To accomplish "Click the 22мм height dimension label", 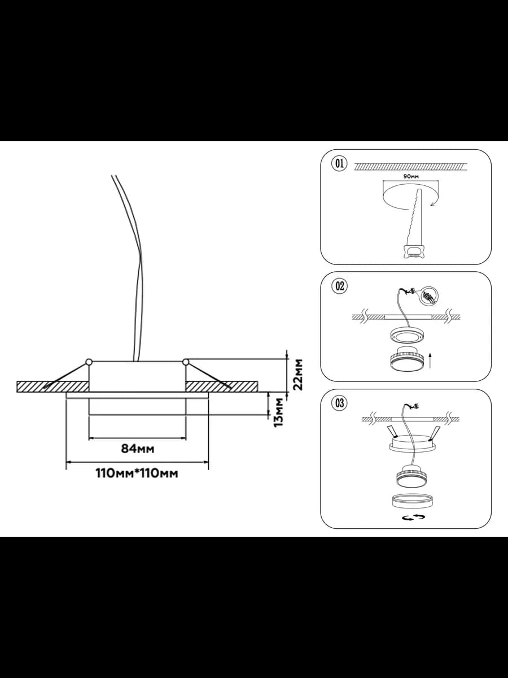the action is (298, 375).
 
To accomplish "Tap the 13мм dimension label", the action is (279, 412).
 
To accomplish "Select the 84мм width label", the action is (138, 449).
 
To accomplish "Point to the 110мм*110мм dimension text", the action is (137, 473).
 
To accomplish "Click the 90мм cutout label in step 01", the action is (411, 176).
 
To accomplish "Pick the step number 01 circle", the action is (339, 163).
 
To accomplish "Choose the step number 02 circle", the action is (339, 286).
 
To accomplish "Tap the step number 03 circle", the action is (339, 403).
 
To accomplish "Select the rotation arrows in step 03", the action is (413, 517).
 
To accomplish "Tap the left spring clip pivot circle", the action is (89, 362).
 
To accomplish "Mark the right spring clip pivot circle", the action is (186, 362).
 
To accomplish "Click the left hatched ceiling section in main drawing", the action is (52, 386).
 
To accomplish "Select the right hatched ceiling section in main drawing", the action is (221, 386).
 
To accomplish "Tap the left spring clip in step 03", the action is (392, 431).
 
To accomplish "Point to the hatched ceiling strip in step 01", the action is (410, 167).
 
